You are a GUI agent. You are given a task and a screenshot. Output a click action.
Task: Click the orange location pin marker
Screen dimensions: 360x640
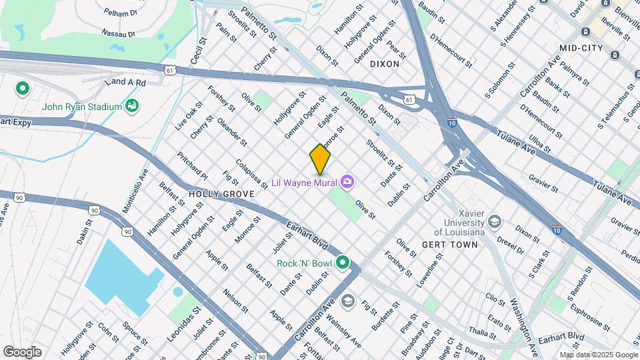[x=320, y=159]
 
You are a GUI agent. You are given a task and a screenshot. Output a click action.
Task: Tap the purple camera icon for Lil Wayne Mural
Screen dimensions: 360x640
[x=347, y=181]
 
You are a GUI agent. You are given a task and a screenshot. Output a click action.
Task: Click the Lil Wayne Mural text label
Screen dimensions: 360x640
[x=305, y=182]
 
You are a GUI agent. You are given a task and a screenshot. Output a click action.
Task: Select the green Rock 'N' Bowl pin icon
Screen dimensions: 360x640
[x=343, y=263]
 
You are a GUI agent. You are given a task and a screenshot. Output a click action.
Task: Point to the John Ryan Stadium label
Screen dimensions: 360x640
[x=81, y=107]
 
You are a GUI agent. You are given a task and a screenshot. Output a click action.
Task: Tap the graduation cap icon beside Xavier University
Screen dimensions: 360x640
[x=495, y=221]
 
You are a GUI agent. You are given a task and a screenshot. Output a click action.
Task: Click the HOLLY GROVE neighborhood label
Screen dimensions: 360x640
[x=221, y=194]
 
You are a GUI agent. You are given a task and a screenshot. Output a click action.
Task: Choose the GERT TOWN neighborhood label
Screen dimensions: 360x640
[x=450, y=245]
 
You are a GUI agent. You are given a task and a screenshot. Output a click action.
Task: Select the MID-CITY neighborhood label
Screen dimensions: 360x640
[x=581, y=48]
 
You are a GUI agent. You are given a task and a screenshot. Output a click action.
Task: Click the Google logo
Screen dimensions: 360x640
[x=22, y=352]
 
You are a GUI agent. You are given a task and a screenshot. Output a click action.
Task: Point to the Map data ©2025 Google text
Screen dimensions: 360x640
[x=598, y=355]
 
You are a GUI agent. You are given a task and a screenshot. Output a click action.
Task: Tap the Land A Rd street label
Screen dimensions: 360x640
[x=125, y=82]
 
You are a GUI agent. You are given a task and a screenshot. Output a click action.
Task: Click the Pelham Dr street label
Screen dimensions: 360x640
[x=120, y=11]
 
